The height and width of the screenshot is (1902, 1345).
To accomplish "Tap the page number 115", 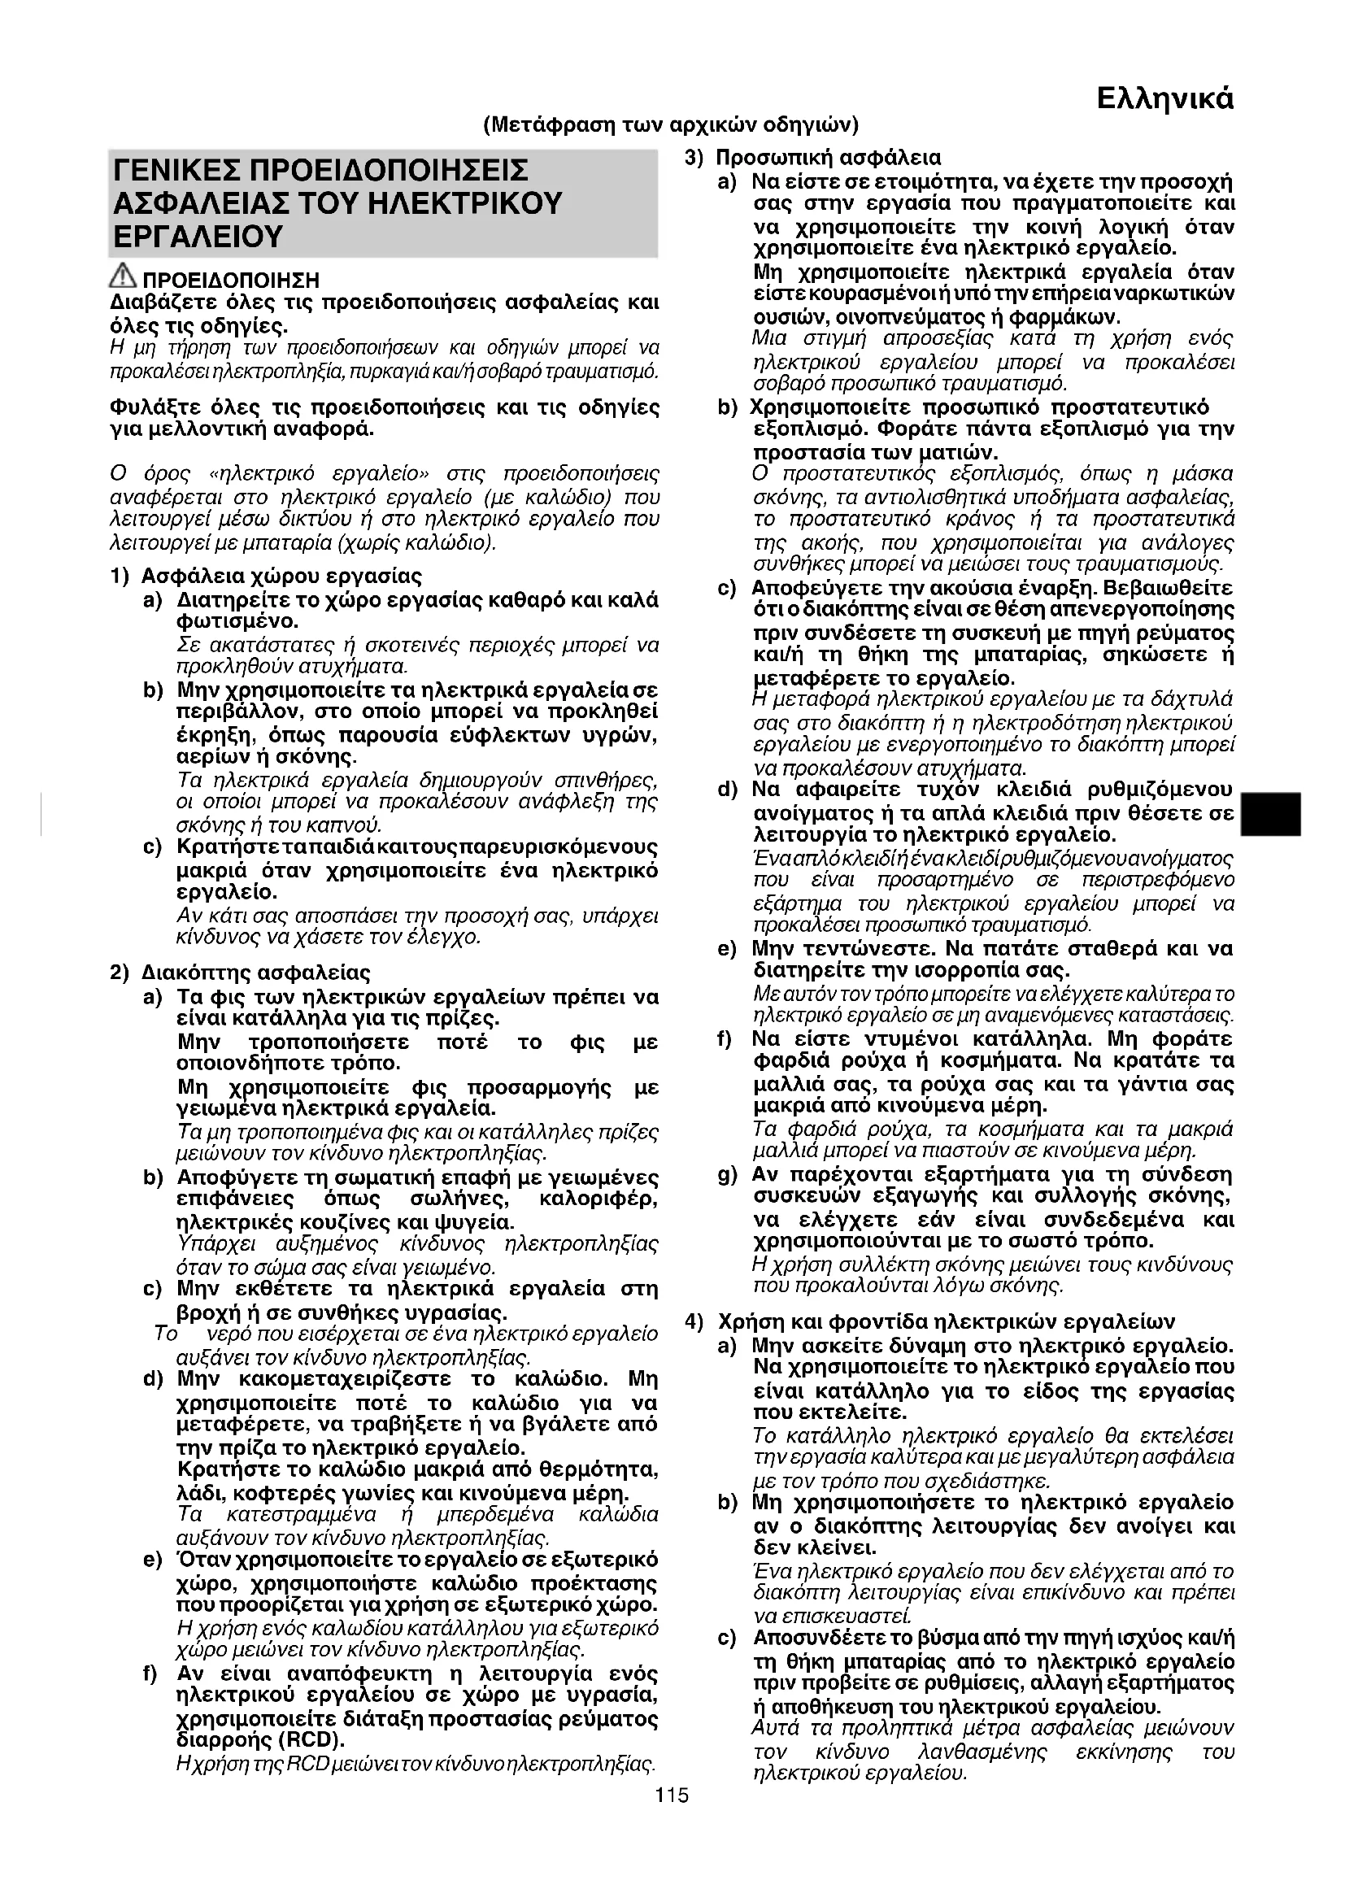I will pos(672,1796).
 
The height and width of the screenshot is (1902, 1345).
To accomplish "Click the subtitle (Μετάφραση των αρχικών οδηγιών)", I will pos(671,125).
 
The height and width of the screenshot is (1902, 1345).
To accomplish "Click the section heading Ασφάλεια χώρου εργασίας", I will pos(281,576).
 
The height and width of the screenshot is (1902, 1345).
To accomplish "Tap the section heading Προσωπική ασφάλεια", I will pos(828,158).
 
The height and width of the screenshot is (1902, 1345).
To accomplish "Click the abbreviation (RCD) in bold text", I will pos(316,1738).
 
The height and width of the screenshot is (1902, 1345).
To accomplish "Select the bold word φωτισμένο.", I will pos(237,621).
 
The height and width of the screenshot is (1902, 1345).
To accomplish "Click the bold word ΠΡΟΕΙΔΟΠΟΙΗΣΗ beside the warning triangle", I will pos(231,280).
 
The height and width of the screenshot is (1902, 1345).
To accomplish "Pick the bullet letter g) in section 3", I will pos(727,1175).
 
